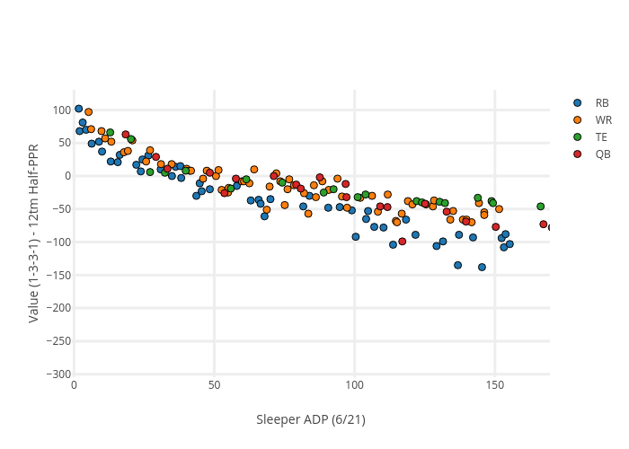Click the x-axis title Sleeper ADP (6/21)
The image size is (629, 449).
311,419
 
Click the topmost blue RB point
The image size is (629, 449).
78,109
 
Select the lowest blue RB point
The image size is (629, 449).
482,267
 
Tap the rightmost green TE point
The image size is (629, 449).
540,207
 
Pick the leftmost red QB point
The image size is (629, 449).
126,135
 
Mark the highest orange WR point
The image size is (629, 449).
88,112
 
